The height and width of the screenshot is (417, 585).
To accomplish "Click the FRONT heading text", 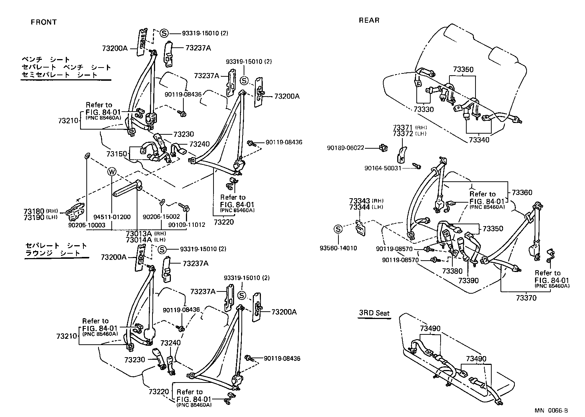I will [44, 22].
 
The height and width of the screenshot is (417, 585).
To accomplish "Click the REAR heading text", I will [369, 21].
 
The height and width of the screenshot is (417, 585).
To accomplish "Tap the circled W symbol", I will [111, 171].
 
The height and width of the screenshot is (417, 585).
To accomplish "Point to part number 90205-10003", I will [87, 225].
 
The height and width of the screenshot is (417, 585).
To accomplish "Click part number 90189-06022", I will [345, 148].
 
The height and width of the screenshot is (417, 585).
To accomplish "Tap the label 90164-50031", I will [383, 168].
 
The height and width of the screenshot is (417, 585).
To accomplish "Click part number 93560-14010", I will [338, 248].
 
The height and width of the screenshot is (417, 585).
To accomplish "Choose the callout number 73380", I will [452, 271].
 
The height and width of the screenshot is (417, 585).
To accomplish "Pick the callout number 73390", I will [469, 280].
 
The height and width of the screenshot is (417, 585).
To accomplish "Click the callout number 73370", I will [526, 298].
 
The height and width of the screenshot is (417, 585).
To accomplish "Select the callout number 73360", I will [522, 192].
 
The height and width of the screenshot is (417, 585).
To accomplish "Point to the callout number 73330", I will [423, 109].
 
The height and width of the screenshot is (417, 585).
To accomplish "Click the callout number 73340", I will [479, 140].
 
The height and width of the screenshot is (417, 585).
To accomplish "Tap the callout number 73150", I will [117, 153].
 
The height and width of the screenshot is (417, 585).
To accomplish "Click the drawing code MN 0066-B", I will [551, 410].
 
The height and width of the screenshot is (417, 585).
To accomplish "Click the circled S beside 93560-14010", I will [338, 229].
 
